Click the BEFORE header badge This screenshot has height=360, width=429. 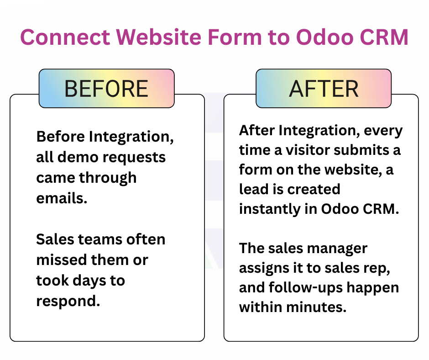pos(106,89)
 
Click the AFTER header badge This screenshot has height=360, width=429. pos(324,89)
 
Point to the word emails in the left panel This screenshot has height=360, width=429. pos(61,198)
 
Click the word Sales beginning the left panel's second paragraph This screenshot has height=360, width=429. pos(56,239)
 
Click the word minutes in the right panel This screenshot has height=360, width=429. pos(316,307)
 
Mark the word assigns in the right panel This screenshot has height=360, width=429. pos(263,268)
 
